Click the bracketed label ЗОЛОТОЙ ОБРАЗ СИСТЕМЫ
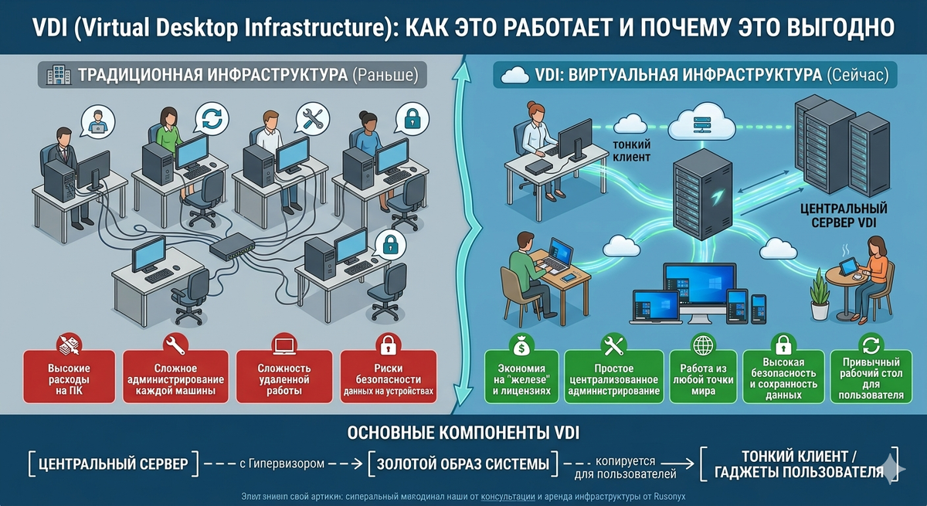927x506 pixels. point(463,464)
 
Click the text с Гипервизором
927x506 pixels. point(276,464)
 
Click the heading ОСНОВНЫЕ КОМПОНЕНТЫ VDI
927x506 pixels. point(463,431)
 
